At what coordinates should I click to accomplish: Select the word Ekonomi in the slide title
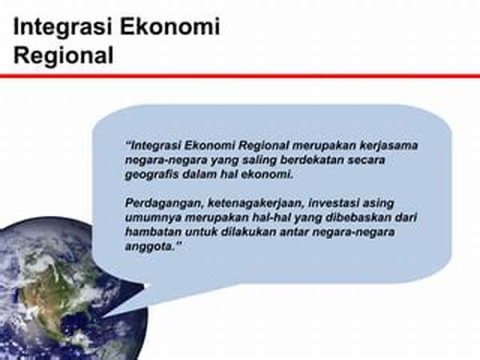coord(170,26)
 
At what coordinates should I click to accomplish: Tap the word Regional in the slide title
coord(63,56)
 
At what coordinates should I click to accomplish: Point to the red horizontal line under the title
coord(240,76)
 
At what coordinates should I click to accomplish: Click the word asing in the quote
coord(378,204)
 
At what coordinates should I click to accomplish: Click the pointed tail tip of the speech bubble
coord(103,318)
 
